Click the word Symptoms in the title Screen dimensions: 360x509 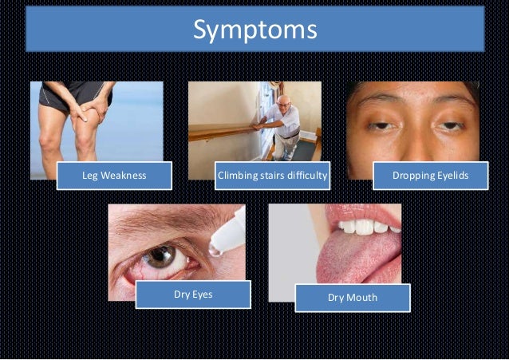tap(255, 30)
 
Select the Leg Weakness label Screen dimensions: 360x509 tap(114, 176)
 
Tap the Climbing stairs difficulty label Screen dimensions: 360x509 tap(273, 176)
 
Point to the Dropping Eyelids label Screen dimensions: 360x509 tap(431, 176)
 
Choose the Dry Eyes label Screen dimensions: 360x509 tap(193, 295)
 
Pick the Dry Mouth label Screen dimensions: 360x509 tap(353, 298)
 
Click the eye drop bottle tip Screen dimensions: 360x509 tap(215, 250)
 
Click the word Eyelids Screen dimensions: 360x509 tap(451, 176)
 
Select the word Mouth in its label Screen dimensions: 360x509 tap(363, 298)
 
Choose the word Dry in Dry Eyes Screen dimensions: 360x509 tap(182, 295)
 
